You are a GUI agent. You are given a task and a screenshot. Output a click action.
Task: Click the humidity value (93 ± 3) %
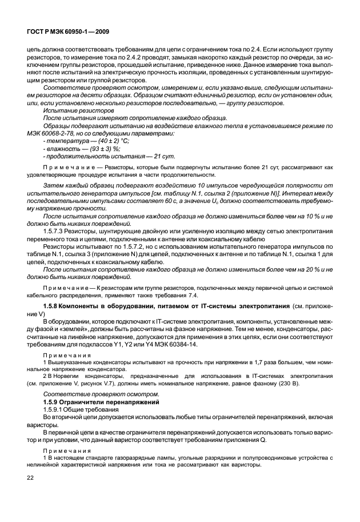click(101, 148)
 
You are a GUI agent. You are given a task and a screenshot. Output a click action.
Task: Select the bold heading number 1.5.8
click(53, 308)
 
